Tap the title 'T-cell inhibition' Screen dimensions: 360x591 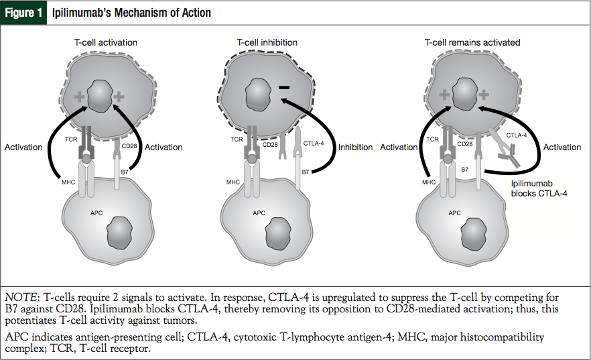pos(267,42)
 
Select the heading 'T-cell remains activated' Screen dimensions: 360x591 pos(472,42)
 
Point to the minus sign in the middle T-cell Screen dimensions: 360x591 pos(283,87)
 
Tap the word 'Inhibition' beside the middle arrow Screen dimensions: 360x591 pos(356,147)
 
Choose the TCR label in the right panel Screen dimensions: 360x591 pos(432,139)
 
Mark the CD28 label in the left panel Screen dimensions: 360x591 pos(129,143)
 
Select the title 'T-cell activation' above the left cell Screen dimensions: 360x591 pos(106,42)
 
